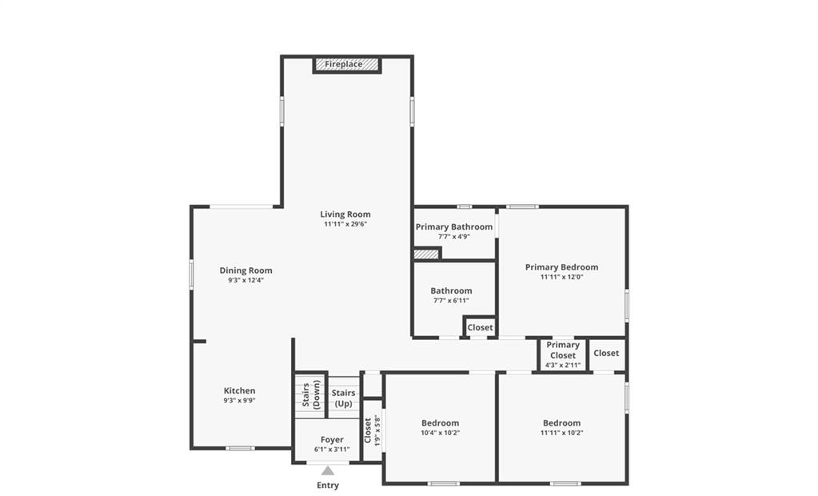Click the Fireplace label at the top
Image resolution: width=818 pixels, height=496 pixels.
click(x=343, y=64)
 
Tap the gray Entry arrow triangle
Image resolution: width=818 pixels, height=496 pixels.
click(x=328, y=470)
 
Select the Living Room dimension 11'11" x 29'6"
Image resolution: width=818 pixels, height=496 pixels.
click(x=345, y=224)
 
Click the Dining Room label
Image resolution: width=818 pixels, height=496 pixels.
click(x=245, y=270)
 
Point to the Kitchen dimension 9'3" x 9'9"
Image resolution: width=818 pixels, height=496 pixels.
click(x=239, y=401)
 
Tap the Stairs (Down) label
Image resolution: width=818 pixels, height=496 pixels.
click(x=311, y=394)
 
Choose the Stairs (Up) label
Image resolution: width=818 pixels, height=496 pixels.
click(x=343, y=398)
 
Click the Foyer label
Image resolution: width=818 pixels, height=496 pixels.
click(x=332, y=440)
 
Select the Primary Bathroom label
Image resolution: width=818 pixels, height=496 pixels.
click(x=454, y=226)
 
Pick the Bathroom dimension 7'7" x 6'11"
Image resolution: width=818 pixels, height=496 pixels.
click(x=451, y=300)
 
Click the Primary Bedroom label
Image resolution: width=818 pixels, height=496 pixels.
click(x=561, y=266)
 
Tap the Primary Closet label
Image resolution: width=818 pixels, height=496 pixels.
click(x=563, y=350)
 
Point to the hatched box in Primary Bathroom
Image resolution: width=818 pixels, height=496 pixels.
click(x=426, y=254)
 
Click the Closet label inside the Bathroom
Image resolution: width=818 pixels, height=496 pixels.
click(x=480, y=327)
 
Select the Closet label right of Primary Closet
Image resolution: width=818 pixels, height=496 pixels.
click(x=606, y=353)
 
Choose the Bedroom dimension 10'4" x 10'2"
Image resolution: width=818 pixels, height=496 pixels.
click(x=441, y=433)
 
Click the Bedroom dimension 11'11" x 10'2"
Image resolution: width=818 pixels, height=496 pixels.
click(x=561, y=433)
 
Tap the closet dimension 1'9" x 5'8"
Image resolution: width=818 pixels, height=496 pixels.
click(x=377, y=430)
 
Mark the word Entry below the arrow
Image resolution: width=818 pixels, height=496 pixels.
click(x=328, y=486)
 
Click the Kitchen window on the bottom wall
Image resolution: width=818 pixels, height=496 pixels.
click(x=241, y=448)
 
